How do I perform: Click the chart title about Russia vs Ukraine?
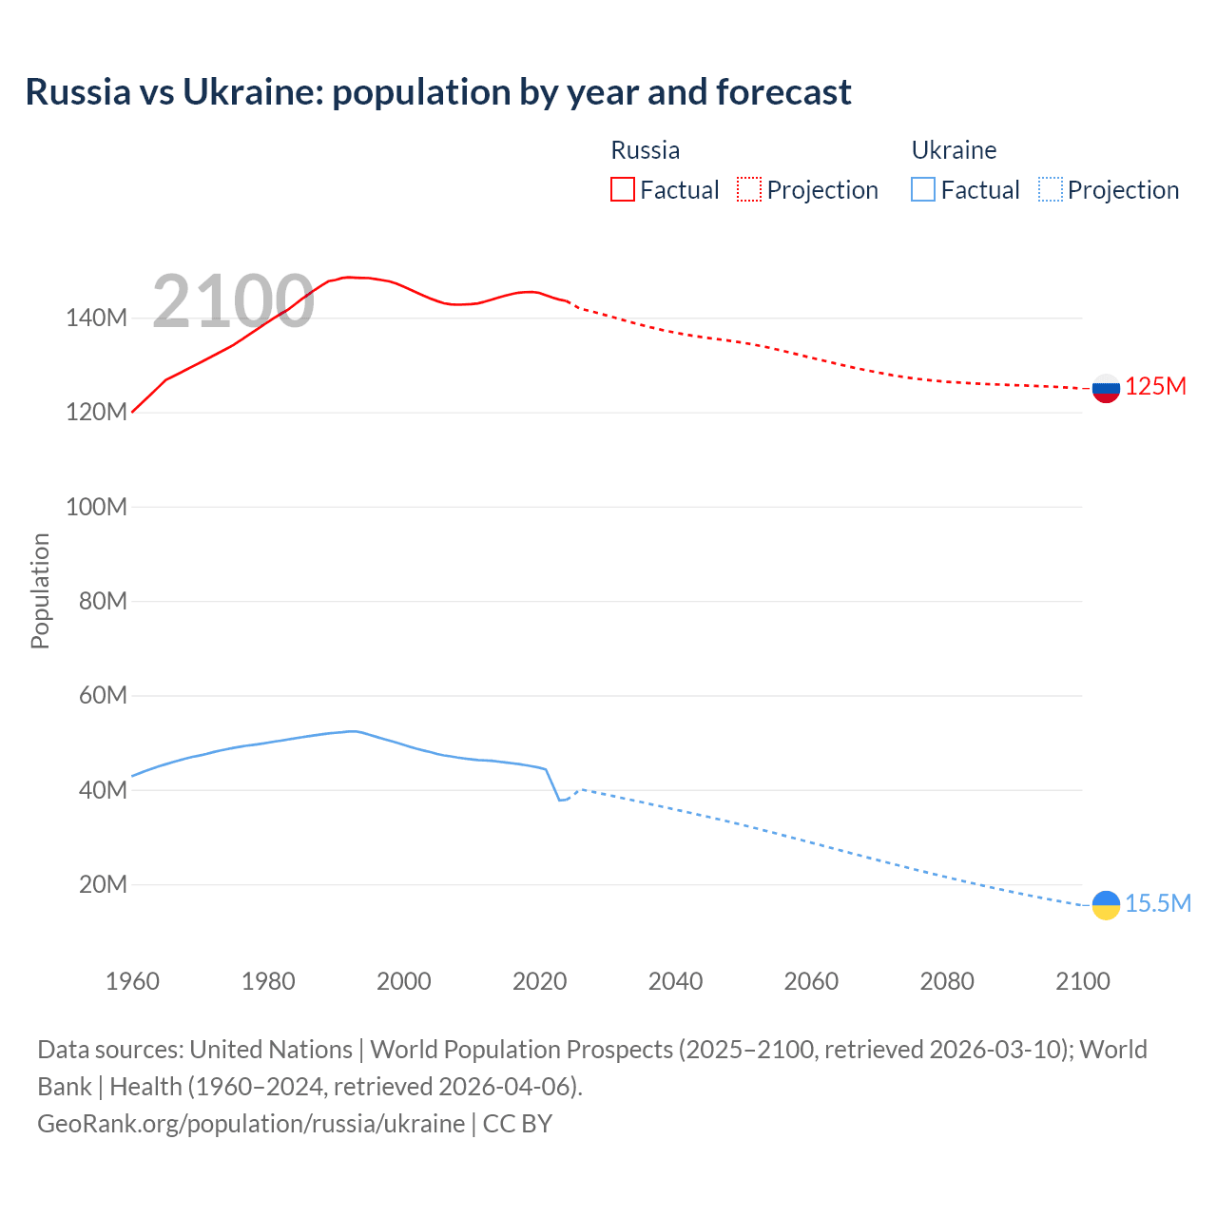point(437,92)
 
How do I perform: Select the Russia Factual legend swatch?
point(622,189)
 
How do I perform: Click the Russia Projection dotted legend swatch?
point(749,189)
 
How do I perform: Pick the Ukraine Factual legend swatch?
point(922,189)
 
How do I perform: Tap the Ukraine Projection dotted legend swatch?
point(1050,189)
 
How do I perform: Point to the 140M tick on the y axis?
point(96,318)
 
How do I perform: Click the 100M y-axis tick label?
point(96,507)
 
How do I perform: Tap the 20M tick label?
point(103,884)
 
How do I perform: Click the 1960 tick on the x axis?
point(132,981)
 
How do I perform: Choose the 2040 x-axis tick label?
point(675,981)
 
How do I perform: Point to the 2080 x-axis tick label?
point(947,981)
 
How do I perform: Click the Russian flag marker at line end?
point(1106,388)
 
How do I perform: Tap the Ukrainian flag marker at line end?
point(1106,905)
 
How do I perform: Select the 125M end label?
point(1156,387)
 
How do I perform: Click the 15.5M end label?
point(1158,903)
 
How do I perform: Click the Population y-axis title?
point(40,590)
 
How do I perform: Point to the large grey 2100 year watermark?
point(233,301)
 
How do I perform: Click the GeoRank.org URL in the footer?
point(251,1123)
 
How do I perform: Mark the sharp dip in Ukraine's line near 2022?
point(560,800)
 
